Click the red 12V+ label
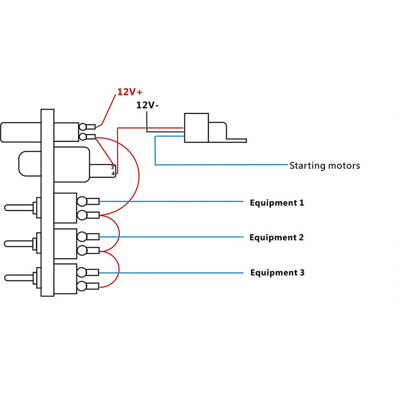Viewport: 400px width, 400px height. pyautogui.click(x=129, y=92)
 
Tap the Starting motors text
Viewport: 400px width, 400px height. pyautogui.click(x=324, y=166)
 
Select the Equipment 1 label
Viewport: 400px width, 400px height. pyautogui.click(x=277, y=203)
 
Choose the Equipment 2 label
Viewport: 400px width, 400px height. pyautogui.click(x=276, y=237)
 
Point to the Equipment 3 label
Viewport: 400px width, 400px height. pyautogui.click(x=277, y=272)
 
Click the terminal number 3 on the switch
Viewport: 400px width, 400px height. pyautogui.click(x=113, y=168)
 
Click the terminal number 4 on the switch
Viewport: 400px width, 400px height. pyautogui.click(x=113, y=173)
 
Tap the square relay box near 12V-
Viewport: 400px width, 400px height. pyautogui.click(x=196, y=128)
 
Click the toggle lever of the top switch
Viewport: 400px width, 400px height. pyautogui.click(x=18, y=207)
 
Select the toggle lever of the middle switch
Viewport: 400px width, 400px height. pyautogui.click(x=18, y=243)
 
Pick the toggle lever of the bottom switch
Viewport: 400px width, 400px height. pyautogui.click(x=18, y=278)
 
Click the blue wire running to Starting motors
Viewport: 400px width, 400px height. pyautogui.click(x=222, y=165)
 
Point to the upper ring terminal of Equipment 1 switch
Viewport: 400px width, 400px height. pyautogui.click(x=82, y=201)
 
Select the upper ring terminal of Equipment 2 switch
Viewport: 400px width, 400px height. pyautogui.click(x=82, y=237)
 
